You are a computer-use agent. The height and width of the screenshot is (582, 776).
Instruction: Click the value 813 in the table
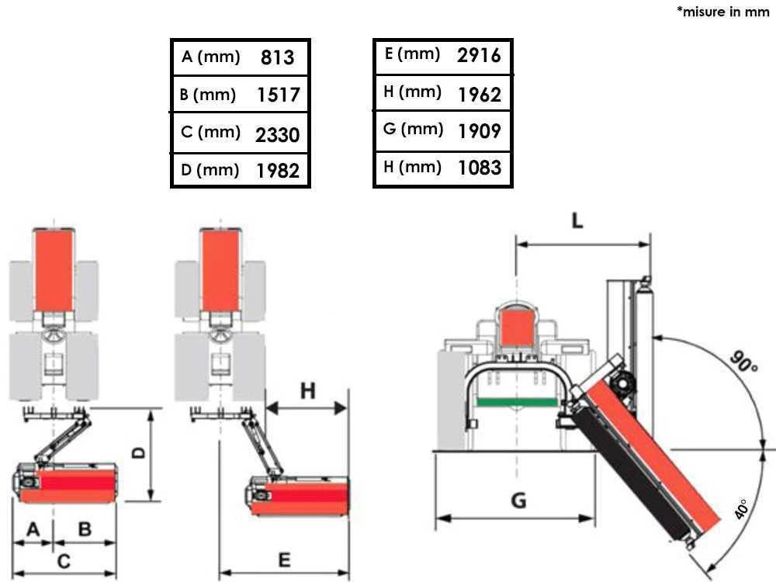pyautogui.click(x=277, y=57)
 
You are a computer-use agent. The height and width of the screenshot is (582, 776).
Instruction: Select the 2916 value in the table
pyautogui.click(x=479, y=55)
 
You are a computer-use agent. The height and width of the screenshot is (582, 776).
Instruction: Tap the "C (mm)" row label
pyautogui.click(x=210, y=132)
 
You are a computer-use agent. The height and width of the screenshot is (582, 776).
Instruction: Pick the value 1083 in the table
pyautogui.click(x=479, y=168)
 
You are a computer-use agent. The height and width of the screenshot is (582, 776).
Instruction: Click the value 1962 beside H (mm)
pyautogui.click(x=479, y=94)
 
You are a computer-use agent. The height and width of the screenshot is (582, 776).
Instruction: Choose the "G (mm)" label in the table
pyautogui.click(x=413, y=129)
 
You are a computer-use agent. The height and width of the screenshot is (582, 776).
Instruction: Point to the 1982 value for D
pyautogui.click(x=278, y=171)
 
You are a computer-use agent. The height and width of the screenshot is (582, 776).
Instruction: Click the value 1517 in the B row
pyautogui.click(x=278, y=95)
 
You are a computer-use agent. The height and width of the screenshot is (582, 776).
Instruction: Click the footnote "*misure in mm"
pyautogui.click(x=722, y=12)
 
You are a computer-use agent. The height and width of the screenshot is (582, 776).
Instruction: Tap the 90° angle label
pyautogui.click(x=744, y=362)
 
